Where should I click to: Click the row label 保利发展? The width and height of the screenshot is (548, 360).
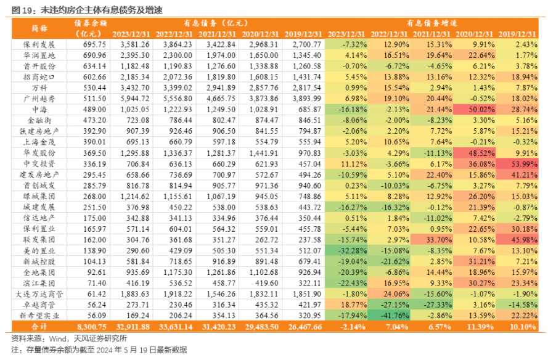tap(39, 45)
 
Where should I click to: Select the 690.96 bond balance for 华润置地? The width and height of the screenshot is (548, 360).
tap(94, 55)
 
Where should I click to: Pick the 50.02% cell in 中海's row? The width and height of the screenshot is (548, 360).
tap(481, 110)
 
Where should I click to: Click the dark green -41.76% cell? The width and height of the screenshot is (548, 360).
tap(395, 316)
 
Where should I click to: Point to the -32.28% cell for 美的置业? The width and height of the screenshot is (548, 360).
tap(353, 251)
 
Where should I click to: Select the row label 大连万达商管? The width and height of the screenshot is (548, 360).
tap(39, 294)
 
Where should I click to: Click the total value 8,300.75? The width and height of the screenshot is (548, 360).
tap(92, 327)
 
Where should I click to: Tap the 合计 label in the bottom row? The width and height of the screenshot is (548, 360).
tap(39, 327)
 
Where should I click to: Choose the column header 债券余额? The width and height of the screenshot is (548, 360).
tap(90, 23)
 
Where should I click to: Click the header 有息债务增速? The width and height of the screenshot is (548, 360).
tap(432, 23)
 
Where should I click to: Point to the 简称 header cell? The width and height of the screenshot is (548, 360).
tap(39, 28)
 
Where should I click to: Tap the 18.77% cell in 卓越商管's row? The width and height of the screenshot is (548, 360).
tap(354, 305)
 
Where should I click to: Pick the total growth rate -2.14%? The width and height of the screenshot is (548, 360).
tap(353, 327)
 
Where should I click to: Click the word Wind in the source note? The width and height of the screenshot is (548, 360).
tap(58, 338)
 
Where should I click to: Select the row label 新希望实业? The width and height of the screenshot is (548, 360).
tap(39, 316)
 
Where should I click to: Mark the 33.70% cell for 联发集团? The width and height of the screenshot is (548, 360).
tap(439, 240)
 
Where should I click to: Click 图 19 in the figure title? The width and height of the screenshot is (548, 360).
tap(22, 10)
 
